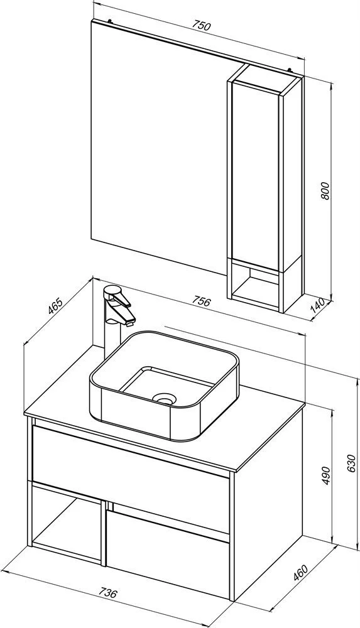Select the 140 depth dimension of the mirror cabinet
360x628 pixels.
(317, 306)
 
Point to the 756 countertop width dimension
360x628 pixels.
(201, 301)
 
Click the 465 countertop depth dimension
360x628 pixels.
(55, 306)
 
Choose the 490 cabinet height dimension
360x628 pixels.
(326, 475)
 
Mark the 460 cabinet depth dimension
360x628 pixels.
(301, 573)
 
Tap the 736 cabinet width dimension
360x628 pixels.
(108, 592)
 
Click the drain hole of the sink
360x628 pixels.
(164, 398)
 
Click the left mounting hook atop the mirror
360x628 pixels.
(109, 20)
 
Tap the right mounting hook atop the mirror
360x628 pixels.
(290, 71)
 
